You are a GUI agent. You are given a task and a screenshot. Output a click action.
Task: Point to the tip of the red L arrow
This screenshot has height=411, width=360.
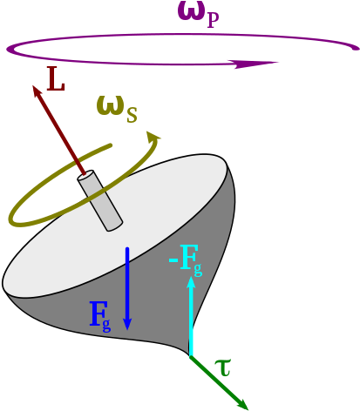point(35,86)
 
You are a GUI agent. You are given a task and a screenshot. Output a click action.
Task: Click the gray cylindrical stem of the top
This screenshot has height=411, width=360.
point(103,205)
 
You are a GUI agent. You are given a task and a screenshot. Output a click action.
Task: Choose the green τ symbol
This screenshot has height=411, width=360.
point(224,367)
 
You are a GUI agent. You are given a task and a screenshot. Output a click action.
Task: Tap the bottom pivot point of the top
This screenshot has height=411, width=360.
point(191,355)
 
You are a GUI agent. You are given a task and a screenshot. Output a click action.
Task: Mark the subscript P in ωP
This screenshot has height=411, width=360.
point(214,17)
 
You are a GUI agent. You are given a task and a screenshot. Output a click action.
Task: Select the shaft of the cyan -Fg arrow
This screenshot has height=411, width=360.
point(192,322)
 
